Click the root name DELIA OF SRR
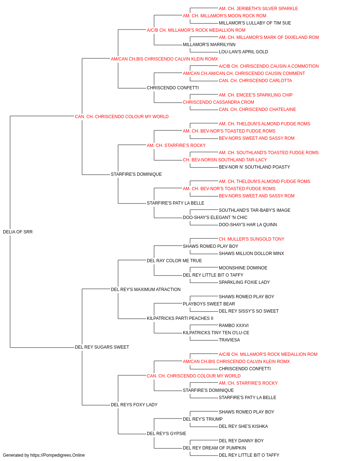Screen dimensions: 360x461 pyautogui.click(x=18, y=232)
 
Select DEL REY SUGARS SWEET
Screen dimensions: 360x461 pyautogui.click(x=102, y=347)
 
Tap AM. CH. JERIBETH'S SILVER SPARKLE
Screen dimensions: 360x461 pyautogui.click(x=258, y=9)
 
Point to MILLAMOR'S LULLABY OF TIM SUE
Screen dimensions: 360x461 pyautogui.click(x=255, y=23)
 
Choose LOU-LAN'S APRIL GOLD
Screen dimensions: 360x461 pyautogui.click(x=243, y=52)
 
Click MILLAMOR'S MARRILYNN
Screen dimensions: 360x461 pyautogui.click(x=209, y=45)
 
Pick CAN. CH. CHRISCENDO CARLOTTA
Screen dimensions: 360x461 pyautogui.click(x=255, y=81)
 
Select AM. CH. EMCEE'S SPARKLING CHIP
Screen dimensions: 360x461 pyautogui.click(x=256, y=95)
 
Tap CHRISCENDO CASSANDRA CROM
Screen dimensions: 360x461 pyautogui.click(x=219, y=102)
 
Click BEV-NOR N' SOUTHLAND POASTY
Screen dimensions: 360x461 pyautogui.click(x=254, y=167)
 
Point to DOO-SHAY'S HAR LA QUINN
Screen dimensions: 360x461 pyautogui.click(x=248, y=225)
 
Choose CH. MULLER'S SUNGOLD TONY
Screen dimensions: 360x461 pyautogui.click(x=251, y=239)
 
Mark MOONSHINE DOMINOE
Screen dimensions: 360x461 pyautogui.click(x=243, y=268)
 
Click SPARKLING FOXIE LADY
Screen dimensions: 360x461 pyautogui.click(x=244, y=282)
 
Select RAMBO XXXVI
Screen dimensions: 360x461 pyautogui.click(x=234, y=326)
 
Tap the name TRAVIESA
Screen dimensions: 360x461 pyautogui.click(x=229, y=340)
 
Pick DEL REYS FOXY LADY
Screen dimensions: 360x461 pyautogui.click(x=134, y=405)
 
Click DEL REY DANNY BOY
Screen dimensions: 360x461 pyautogui.click(x=241, y=441)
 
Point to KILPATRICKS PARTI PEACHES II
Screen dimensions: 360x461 pyautogui.click(x=180, y=318)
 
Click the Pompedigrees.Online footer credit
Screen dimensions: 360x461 pyautogui.click(x=44, y=455)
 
